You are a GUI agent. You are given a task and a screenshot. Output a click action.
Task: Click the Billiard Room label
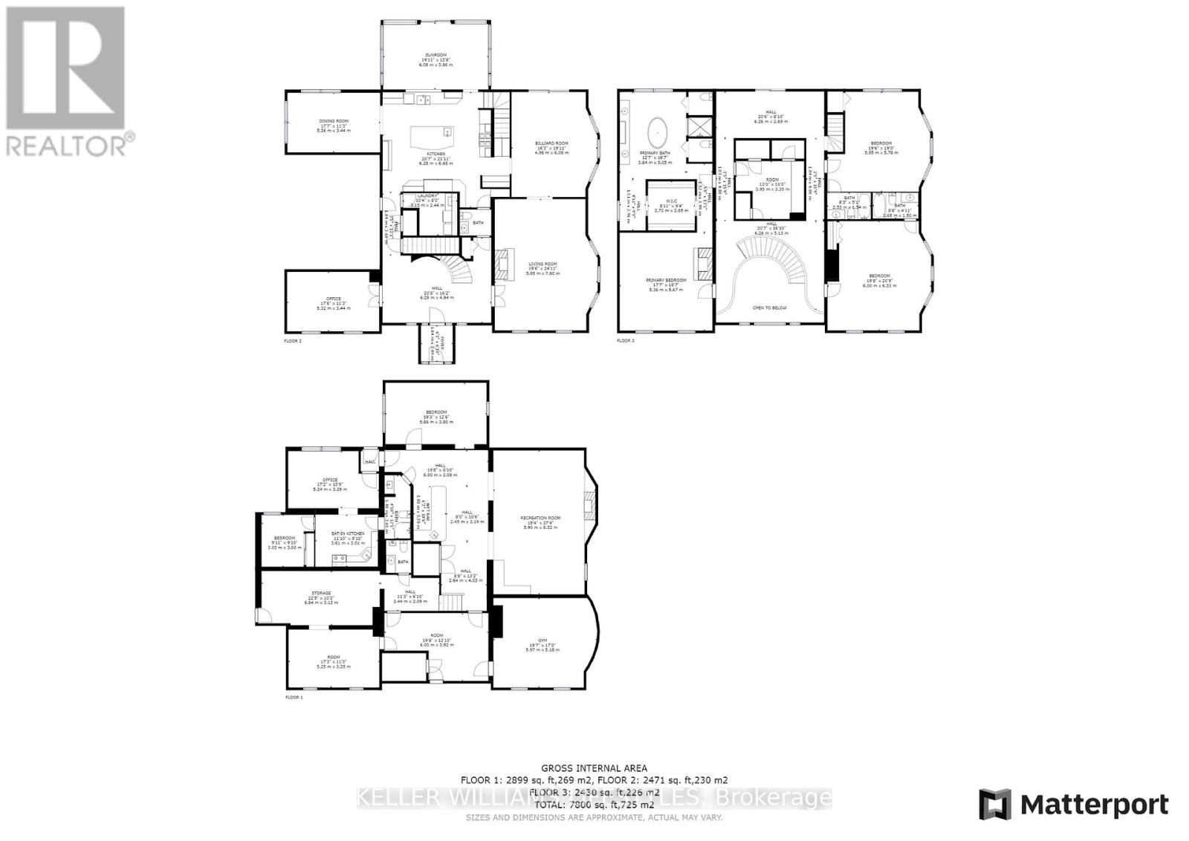pos(551,143)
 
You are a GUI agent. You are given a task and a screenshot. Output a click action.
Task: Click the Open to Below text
pos(769,308)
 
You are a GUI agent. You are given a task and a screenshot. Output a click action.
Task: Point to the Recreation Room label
pos(540,518)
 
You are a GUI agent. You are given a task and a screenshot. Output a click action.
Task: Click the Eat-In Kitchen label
pos(348,533)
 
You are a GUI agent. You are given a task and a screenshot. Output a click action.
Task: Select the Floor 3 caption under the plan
pos(625,341)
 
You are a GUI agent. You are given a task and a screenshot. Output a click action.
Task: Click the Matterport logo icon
pos(994,805)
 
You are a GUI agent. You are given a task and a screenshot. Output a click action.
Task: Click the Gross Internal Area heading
pos(594,768)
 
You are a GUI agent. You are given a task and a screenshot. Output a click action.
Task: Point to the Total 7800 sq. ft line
pos(594,805)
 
